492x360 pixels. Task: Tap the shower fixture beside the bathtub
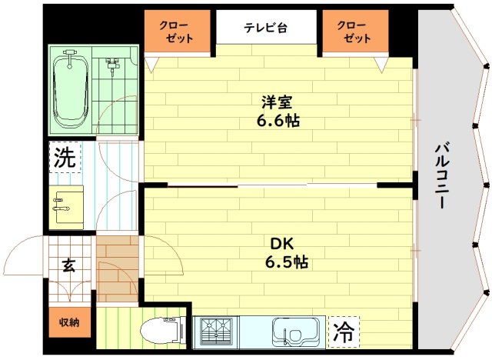click(113, 65)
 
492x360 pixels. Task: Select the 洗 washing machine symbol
click(65, 158)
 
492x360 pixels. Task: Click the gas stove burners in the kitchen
click(218, 333)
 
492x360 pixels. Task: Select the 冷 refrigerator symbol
click(344, 333)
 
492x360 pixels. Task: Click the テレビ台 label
click(265, 28)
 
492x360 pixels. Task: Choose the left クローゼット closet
click(178, 32)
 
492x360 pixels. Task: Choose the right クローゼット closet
click(353, 32)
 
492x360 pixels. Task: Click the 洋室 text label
click(277, 102)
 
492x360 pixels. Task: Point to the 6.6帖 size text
click(278, 121)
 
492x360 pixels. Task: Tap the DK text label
click(277, 243)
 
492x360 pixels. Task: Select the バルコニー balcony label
click(443, 176)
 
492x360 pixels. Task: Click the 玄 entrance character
click(68, 266)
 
